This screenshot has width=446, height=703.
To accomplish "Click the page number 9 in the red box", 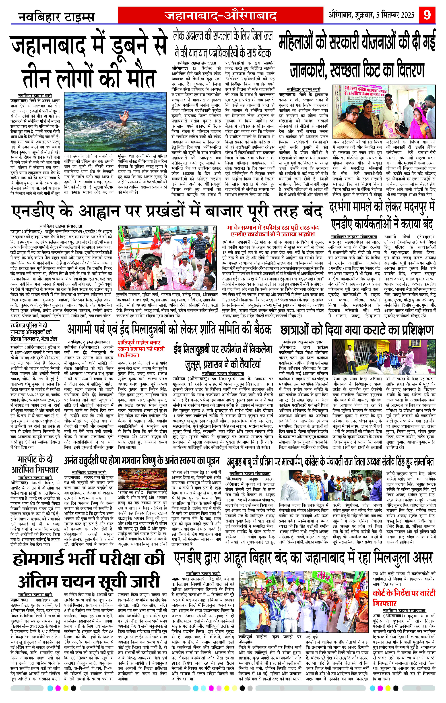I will coord(427,15).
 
